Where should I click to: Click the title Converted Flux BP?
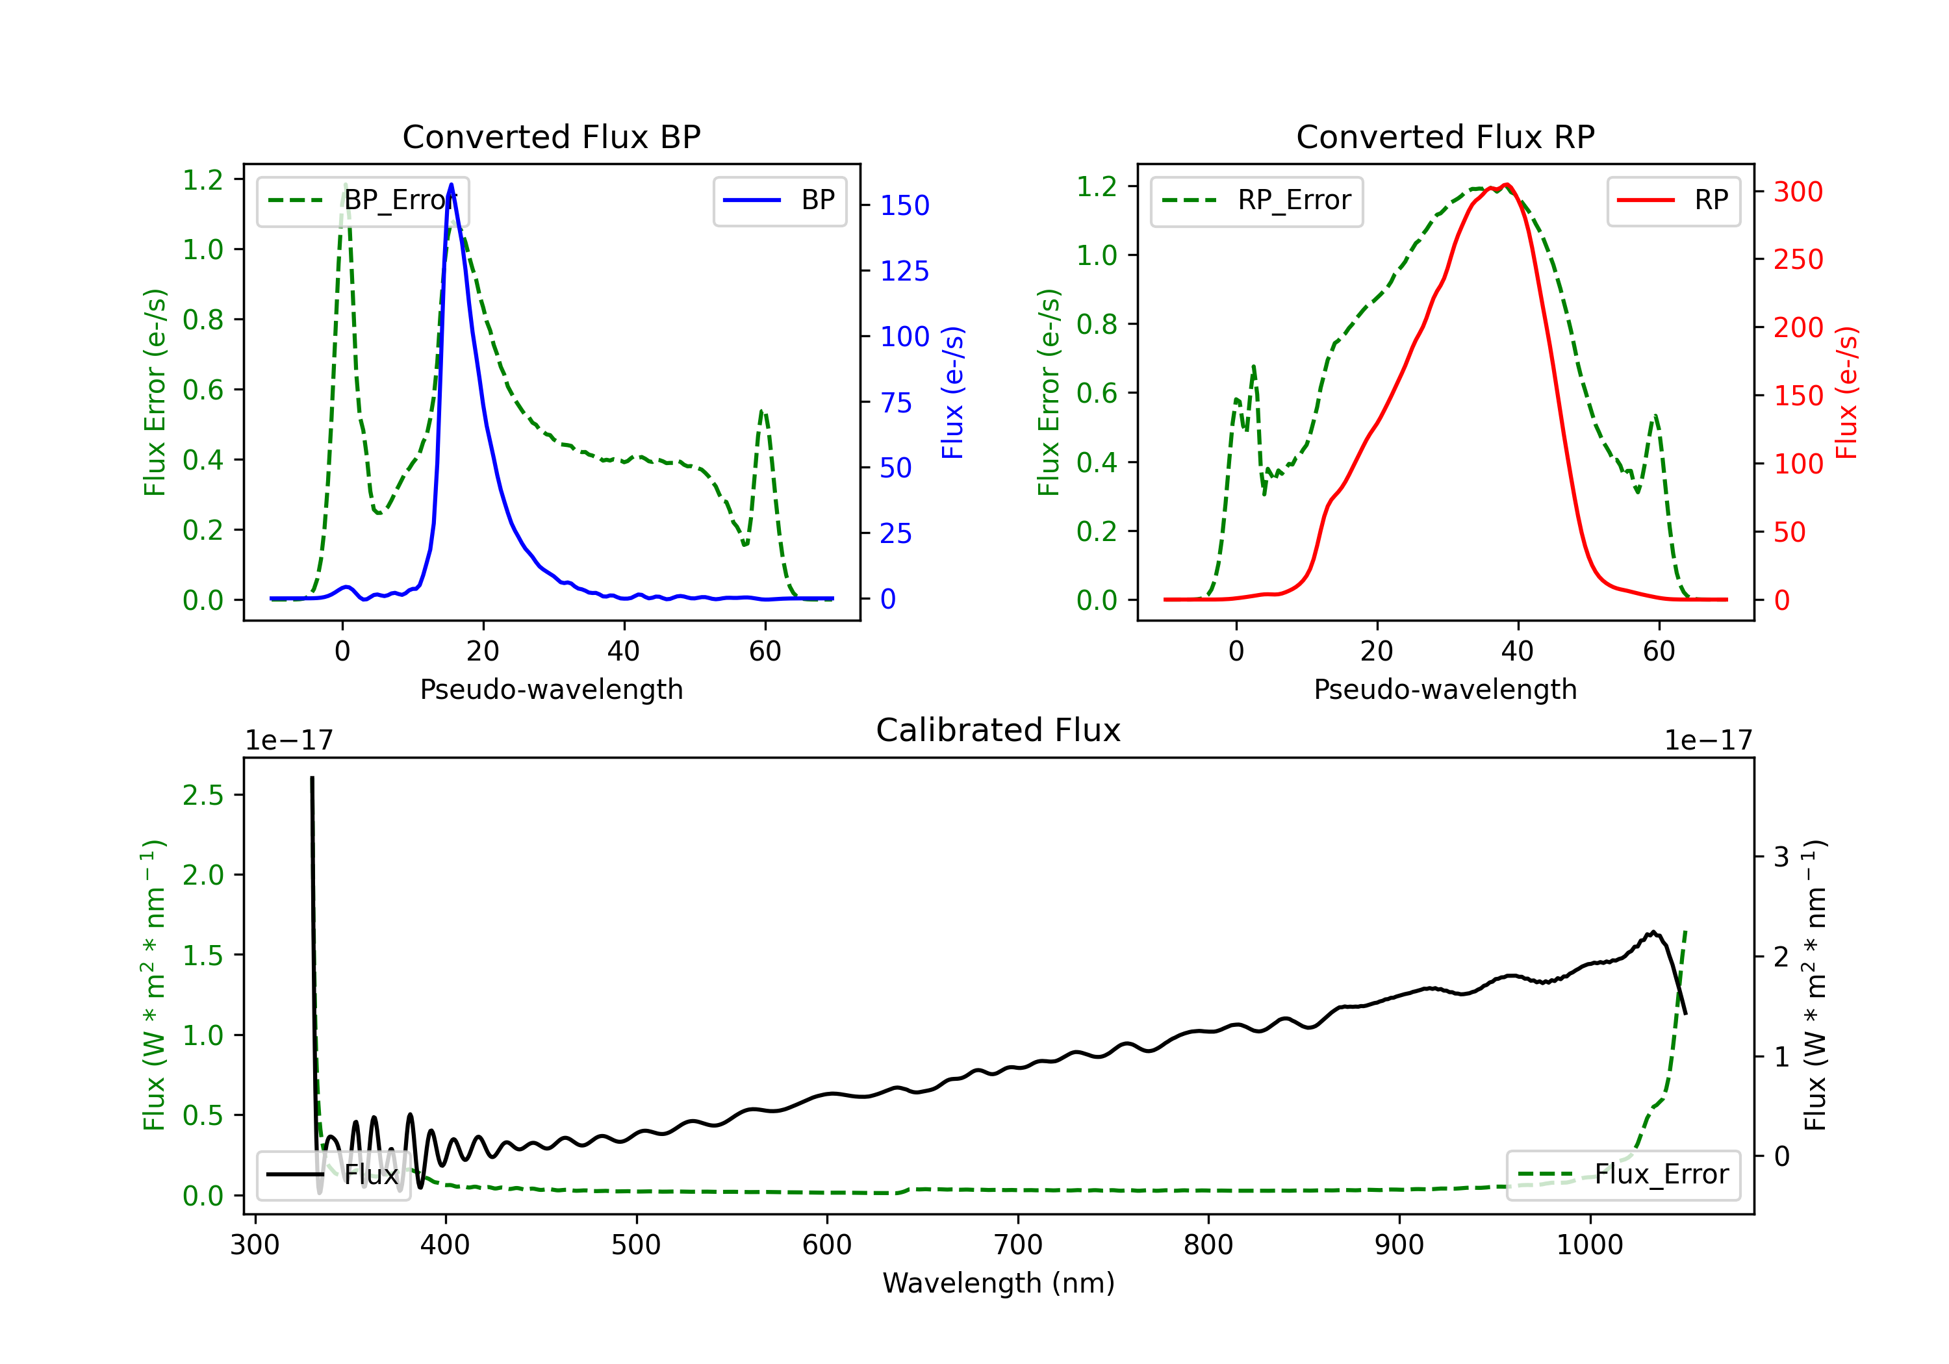click(552, 136)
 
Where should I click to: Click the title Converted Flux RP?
click(1446, 136)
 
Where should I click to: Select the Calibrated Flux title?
click(999, 730)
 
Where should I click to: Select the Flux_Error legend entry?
click(1623, 1175)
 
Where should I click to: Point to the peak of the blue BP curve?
click(451, 184)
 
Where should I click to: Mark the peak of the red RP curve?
click(1506, 184)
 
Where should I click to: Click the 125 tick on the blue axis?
click(905, 272)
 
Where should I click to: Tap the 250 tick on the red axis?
click(1798, 260)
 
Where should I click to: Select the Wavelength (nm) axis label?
click(999, 1283)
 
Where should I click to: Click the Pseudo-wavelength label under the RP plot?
click(1446, 689)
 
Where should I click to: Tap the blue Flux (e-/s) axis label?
click(952, 393)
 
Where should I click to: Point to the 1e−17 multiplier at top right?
click(1708, 740)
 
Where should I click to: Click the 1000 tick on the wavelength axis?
click(1590, 1245)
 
